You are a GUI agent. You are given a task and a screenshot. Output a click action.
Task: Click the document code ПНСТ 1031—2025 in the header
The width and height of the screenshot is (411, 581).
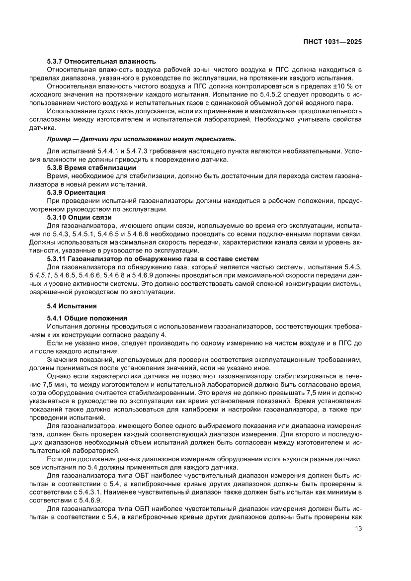332,42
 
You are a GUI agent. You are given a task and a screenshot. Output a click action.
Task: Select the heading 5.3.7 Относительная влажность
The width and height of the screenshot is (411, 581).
101,61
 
